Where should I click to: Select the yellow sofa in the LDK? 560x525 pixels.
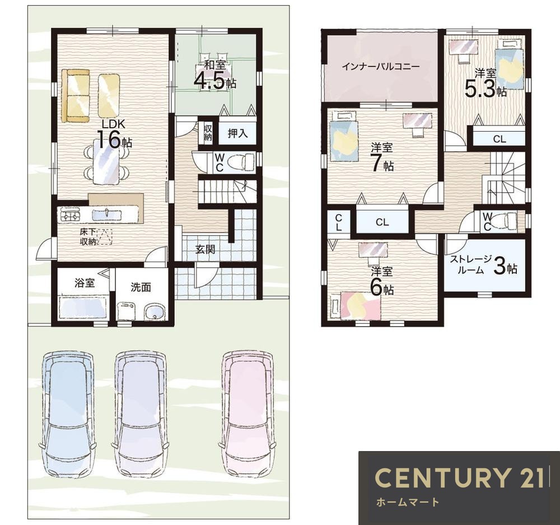[75, 96]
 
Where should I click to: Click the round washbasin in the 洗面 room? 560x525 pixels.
[155, 312]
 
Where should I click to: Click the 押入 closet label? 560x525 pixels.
[237, 133]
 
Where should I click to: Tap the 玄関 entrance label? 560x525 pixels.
[205, 249]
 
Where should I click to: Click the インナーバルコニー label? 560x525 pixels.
[381, 67]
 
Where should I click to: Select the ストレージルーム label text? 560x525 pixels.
[470, 264]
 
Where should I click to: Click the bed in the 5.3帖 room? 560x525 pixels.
[508, 64]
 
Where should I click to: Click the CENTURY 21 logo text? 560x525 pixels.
[460, 477]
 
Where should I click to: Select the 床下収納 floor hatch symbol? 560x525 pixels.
[104, 236]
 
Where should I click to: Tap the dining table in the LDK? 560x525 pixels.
[106, 161]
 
